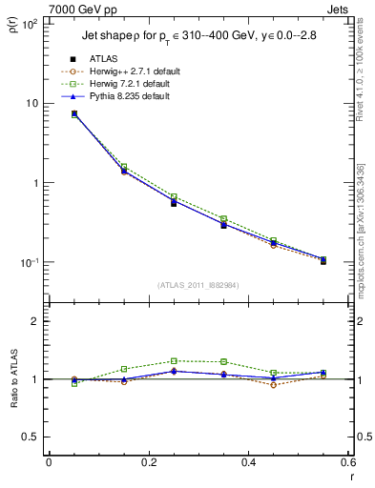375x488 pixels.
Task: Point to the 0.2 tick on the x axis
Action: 148,462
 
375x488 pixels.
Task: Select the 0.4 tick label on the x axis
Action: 248,462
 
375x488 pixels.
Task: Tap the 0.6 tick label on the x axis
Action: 347,462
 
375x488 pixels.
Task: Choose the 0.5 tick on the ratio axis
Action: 31,437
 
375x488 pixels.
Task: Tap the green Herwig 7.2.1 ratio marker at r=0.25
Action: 174,361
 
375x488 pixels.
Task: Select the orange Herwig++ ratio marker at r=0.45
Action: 273,385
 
